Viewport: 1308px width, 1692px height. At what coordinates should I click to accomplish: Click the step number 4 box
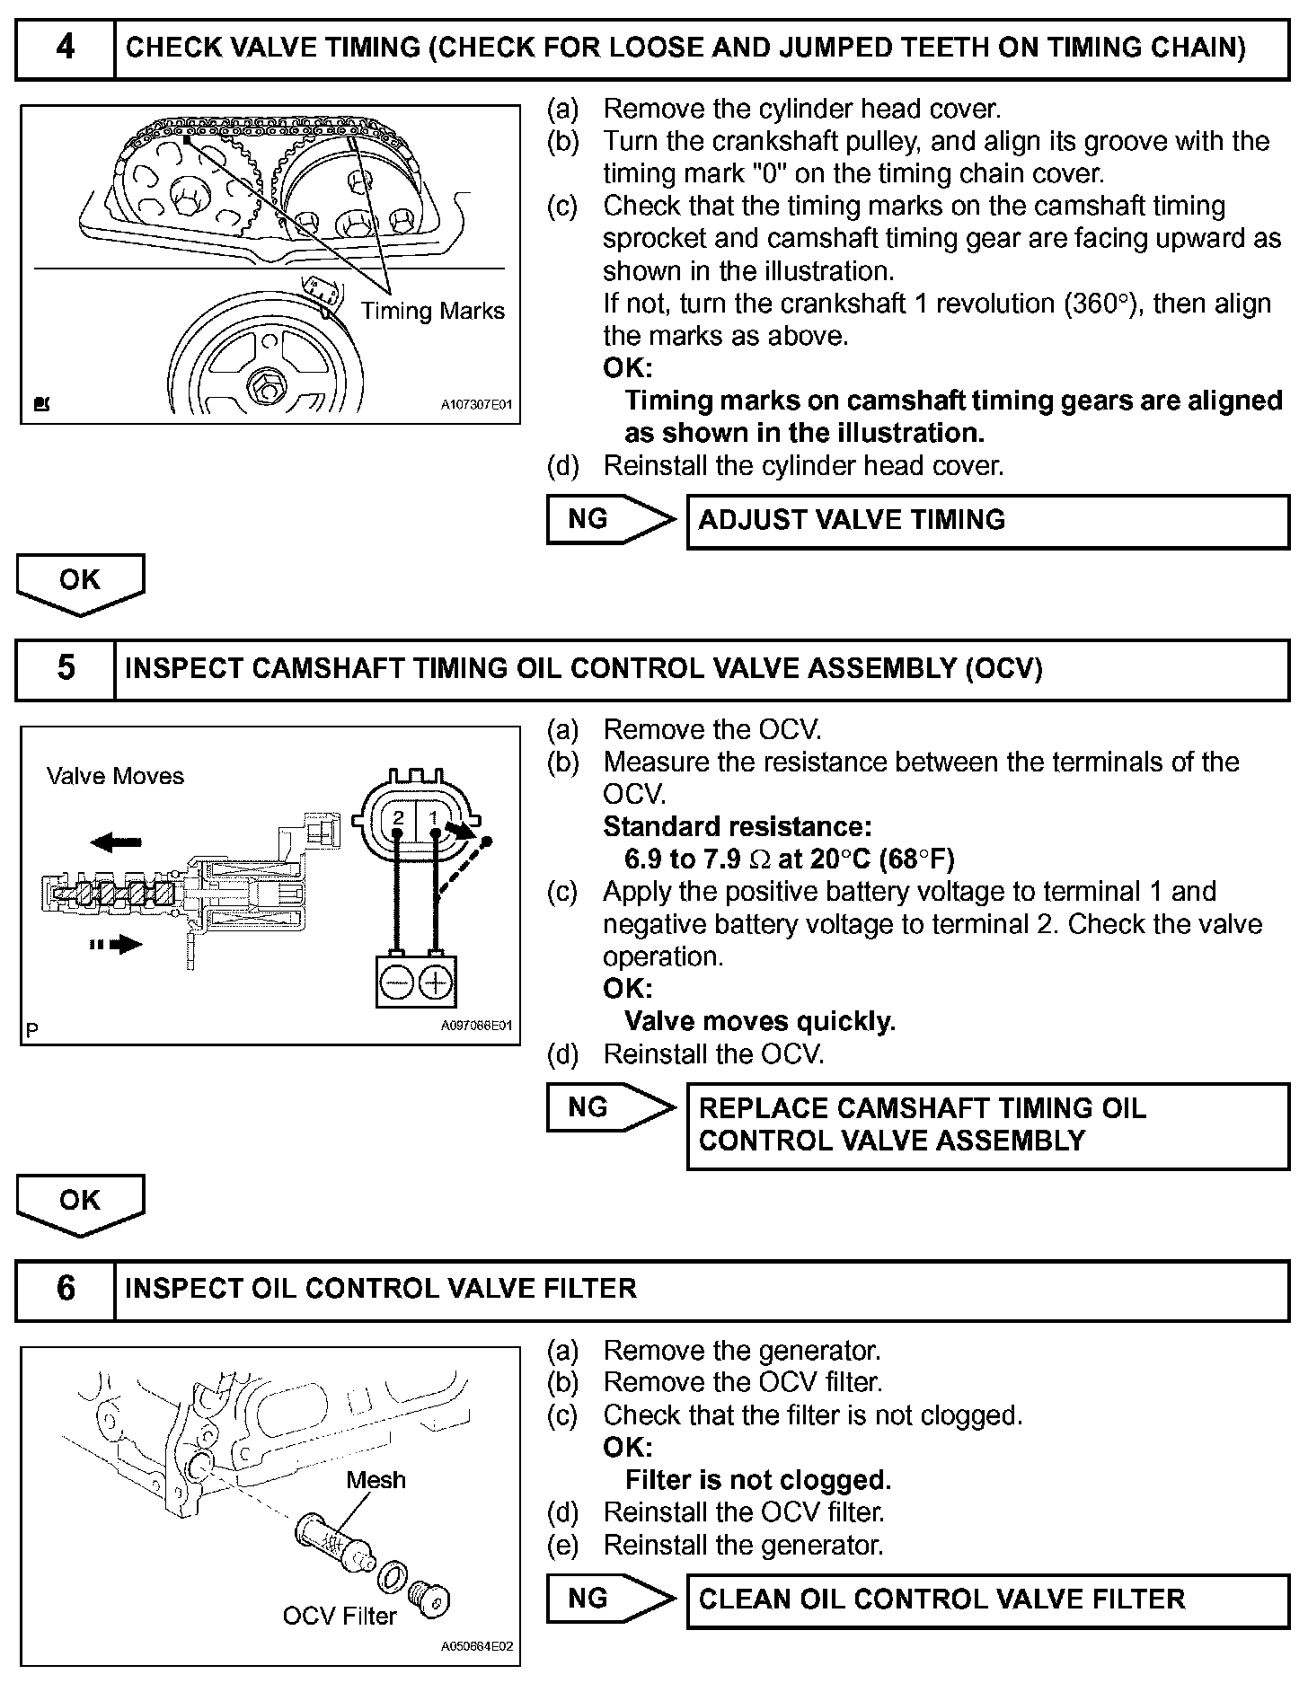[66, 48]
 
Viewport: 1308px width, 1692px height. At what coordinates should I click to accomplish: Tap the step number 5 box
[66, 668]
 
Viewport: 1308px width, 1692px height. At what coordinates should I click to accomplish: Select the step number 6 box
[66, 1289]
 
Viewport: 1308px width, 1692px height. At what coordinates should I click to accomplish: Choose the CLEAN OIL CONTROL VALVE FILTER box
[987, 1599]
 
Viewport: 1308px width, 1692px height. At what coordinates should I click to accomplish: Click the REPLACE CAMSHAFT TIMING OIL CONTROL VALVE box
[987, 1124]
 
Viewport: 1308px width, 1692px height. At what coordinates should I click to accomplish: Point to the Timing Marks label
[432, 311]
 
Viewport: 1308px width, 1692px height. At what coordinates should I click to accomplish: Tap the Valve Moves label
[115, 776]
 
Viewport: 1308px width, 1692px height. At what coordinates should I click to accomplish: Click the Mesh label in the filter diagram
[376, 1479]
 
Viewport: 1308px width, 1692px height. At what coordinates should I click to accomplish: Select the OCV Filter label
[340, 1616]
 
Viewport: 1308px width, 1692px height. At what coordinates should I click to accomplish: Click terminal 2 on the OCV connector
[399, 817]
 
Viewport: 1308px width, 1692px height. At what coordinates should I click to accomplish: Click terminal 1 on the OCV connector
[434, 817]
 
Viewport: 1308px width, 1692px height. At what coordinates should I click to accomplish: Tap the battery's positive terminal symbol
[436, 983]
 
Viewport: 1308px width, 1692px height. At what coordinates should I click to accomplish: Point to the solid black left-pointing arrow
[116, 842]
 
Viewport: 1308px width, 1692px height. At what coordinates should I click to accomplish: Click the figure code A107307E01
[475, 405]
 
